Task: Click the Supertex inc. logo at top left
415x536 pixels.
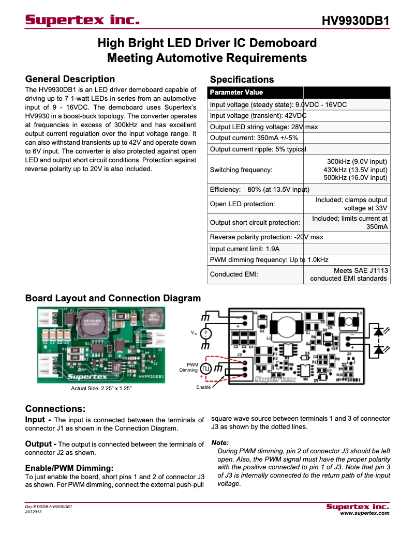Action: click(x=83, y=21)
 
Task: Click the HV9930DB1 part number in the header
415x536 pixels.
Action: click(x=355, y=21)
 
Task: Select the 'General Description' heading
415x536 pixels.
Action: click(x=70, y=79)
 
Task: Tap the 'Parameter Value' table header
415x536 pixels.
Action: click(x=236, y=93)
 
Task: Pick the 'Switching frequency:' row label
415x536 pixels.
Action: click(x=241, y=170)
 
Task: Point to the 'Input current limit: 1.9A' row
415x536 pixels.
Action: click(x=245, y=249)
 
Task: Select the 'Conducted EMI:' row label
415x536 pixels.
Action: click(x=234, y=274)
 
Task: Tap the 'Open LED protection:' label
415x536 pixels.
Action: click(x=242, y=204)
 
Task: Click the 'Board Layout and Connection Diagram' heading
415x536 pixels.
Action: click(x=113, y=298)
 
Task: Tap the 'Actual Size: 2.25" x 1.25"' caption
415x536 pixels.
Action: click(x=101, y=388)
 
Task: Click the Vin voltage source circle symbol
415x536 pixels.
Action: click(x=205, y=334)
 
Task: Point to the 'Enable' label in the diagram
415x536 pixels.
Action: click(x=203, y=387)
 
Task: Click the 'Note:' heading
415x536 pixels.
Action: click(x=220, y=443)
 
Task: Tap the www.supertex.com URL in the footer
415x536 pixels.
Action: click(x=364, y=513)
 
